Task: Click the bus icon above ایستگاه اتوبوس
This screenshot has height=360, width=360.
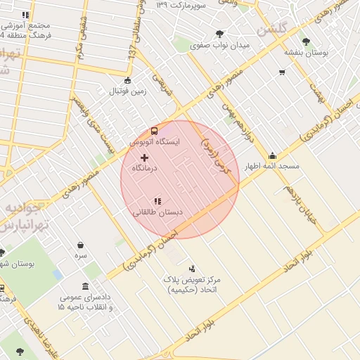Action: point(154,131)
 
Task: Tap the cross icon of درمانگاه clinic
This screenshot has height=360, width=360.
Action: point(145,157)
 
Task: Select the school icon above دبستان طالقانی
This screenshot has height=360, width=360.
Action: point(157,201)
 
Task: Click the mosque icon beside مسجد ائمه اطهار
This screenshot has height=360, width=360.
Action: point(272,156)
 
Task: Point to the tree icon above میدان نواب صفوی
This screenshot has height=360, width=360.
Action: point(220,34)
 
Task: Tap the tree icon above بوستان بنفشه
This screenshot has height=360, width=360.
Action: point(305,41)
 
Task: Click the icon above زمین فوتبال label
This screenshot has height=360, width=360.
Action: point(127,80)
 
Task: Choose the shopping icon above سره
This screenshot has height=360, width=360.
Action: point(81,245)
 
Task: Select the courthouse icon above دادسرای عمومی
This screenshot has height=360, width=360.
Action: point(85,287)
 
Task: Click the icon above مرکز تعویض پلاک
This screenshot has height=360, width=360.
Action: point(192,268)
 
